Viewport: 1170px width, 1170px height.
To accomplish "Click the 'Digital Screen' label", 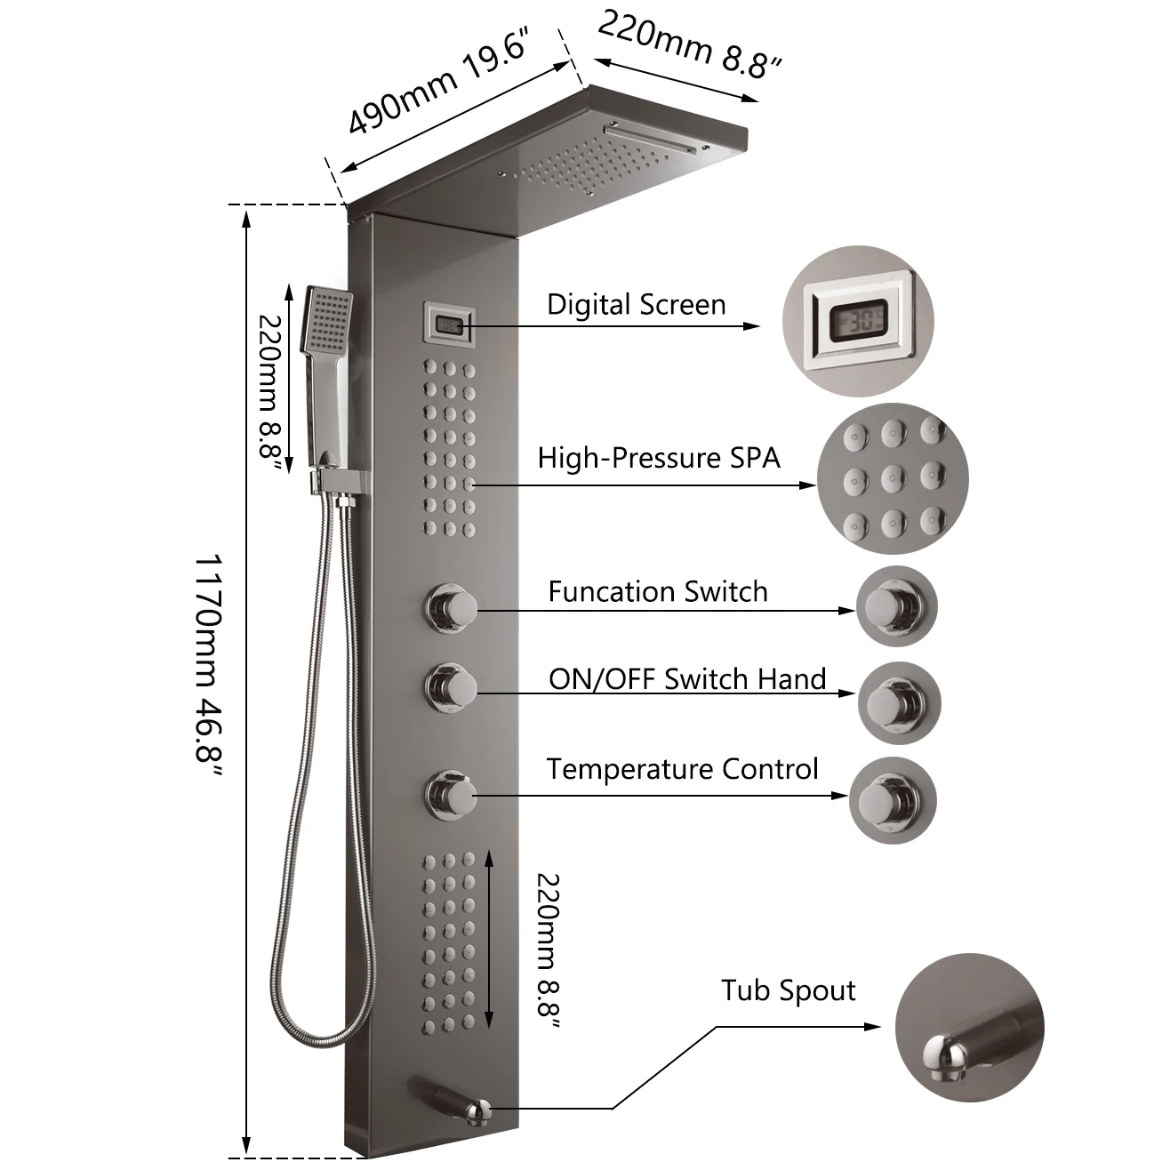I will point(636,305).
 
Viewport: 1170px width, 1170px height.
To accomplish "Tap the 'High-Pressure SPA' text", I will point(659,458).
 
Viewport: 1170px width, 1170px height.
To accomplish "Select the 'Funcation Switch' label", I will point(657,591).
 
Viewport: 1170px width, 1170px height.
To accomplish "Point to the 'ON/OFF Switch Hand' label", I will point(687,679).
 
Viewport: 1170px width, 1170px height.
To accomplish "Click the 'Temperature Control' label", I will point(682,769).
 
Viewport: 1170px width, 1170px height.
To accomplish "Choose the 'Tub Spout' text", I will point(788,990).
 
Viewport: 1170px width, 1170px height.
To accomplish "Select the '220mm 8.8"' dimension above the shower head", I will point(690,44).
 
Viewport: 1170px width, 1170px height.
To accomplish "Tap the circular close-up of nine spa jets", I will point(893,481).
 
